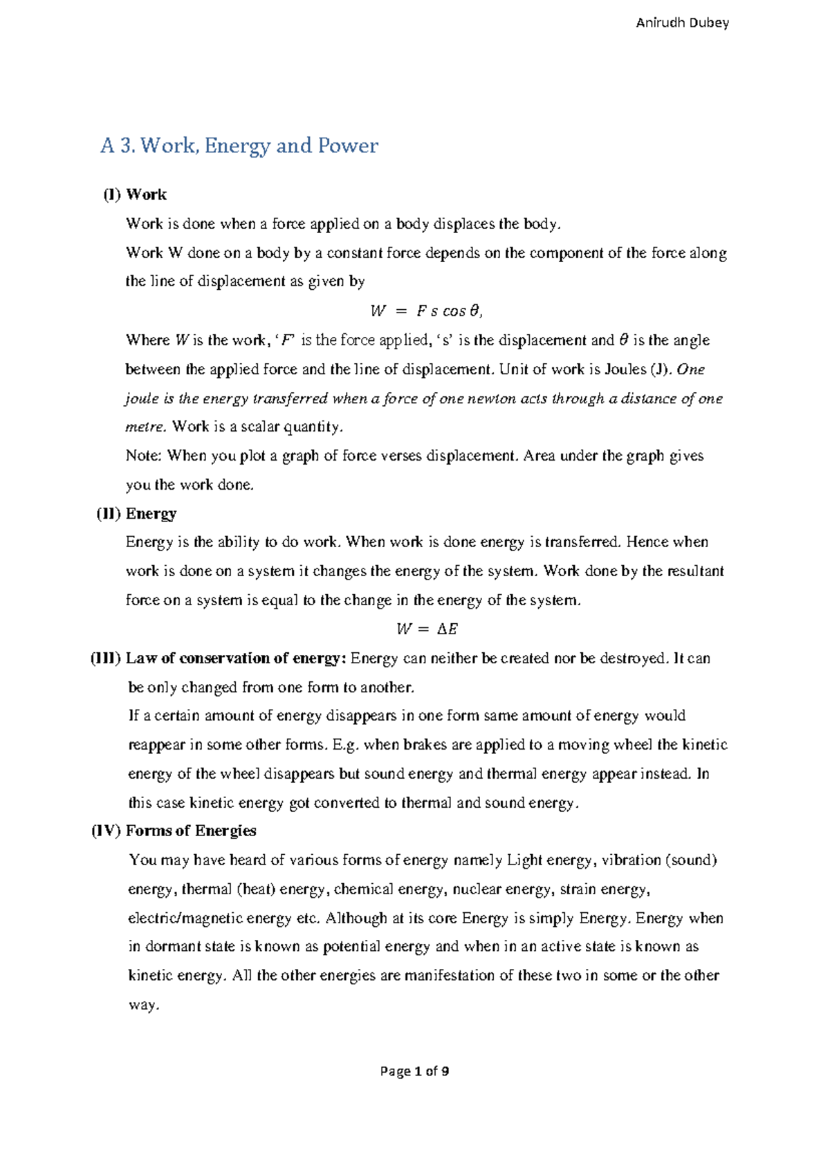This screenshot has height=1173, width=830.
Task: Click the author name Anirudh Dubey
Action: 682,23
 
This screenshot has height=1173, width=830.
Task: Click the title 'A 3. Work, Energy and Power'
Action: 239,146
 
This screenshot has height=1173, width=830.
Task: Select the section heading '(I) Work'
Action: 136,194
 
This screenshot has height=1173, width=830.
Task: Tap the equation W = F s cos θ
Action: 426,311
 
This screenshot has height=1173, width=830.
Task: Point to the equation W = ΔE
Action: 427,629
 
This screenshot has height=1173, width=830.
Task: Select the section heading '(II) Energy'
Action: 136,513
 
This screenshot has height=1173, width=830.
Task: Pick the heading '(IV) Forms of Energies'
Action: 174,831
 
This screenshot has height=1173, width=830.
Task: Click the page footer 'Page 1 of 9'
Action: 415,1071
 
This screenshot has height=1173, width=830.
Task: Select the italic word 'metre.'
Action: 146,427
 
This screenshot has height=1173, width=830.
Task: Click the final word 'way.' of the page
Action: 144,1005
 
